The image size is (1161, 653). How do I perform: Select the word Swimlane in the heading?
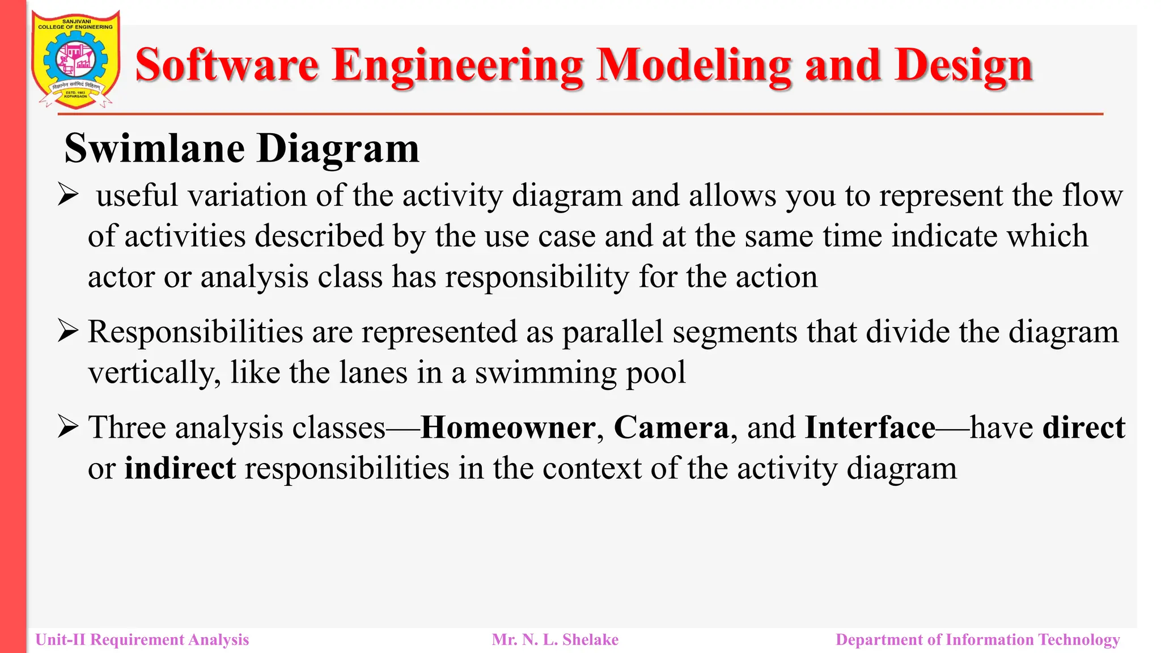click(x=155, y=149)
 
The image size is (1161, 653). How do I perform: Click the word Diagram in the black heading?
click(x=338, y=149)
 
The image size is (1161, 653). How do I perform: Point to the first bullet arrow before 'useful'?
click(x=67, y=196)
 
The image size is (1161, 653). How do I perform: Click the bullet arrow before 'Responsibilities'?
click(x=67, y=332)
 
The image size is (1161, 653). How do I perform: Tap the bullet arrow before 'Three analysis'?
click(x=67, y=427)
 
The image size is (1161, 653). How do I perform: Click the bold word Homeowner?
click(x=508, y=427)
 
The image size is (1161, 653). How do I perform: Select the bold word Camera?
click(x=671, y=427)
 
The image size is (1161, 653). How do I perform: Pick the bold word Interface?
click(x=870, y=427)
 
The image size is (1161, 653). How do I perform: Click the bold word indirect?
click(x=180, y=469)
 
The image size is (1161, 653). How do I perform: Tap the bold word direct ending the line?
click(x=1083, y=427)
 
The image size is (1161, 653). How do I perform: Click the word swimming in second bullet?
click(x=545, y=373)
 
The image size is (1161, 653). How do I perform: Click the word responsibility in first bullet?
click(x=537, y=278)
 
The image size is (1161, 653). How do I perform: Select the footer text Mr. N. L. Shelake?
click(x=555, y=640)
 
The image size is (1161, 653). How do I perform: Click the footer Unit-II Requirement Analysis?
click(x=142, y=640)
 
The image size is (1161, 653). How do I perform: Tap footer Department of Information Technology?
click(x=977, y=640)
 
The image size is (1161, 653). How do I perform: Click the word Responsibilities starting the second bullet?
click(x=195, y=332)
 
